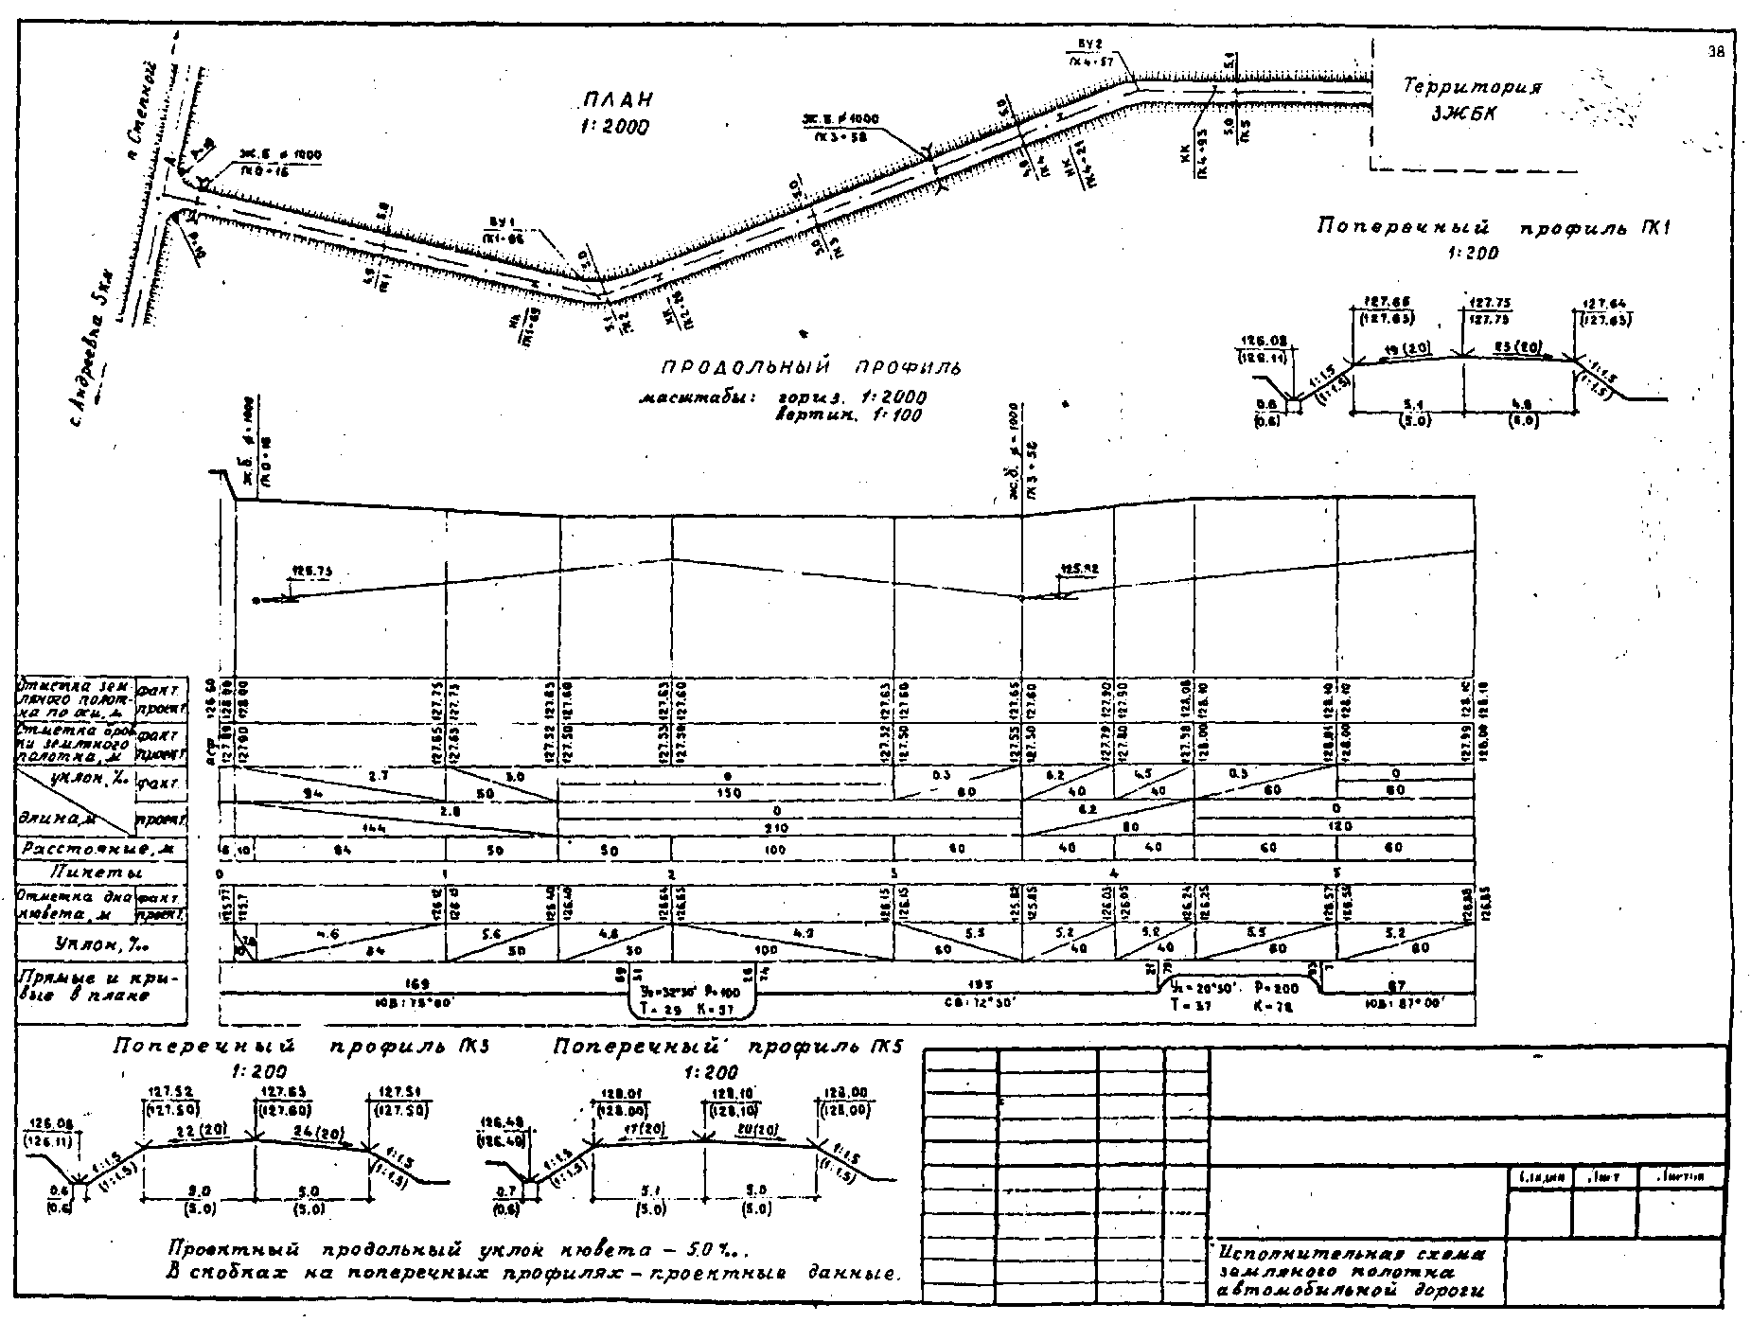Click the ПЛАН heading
[618, 99]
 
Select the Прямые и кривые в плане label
[98, 986]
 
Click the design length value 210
[776, 827]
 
